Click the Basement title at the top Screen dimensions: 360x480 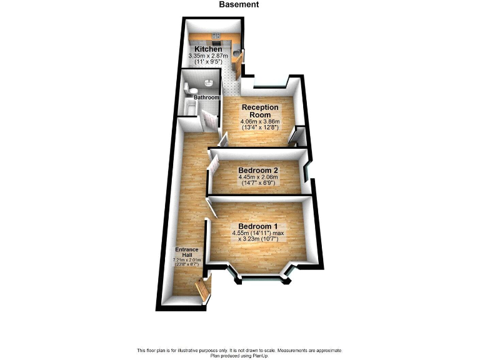coord(239,5)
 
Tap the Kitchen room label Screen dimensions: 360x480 coord(207,49)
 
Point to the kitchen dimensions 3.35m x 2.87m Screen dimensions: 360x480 coord(207,56)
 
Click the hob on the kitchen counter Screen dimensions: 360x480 coord(216,36)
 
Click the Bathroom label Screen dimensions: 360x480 coord(206,98)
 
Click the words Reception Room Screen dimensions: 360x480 coord(260,111)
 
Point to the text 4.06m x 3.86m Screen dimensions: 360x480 coord(260,121)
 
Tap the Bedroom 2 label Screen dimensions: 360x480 coord(257,170)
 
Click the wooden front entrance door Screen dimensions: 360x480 coord(201,290)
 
